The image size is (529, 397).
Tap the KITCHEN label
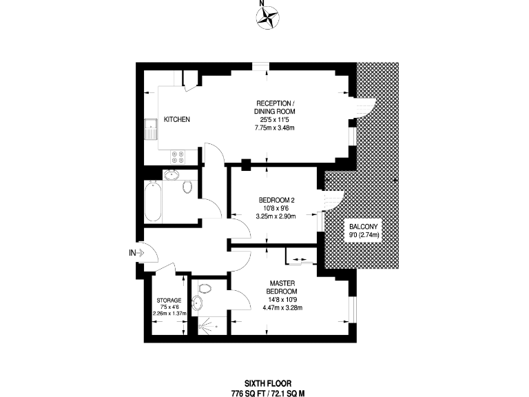pyautogui.click(x=177, y=119)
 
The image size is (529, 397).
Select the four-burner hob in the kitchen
pyautogui.click(x=177, y=156)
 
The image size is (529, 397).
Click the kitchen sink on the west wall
pyautogui.click(x=150, y=130)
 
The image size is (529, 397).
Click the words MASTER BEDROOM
pyautogui.click(x=282, y=287)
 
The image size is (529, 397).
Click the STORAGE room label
pyautogui.click(x=169, y=301)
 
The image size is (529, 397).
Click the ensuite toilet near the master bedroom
pyautogui.click(x=205, y=287)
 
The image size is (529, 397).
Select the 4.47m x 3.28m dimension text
pyautogui.click(x=282, y=307)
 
